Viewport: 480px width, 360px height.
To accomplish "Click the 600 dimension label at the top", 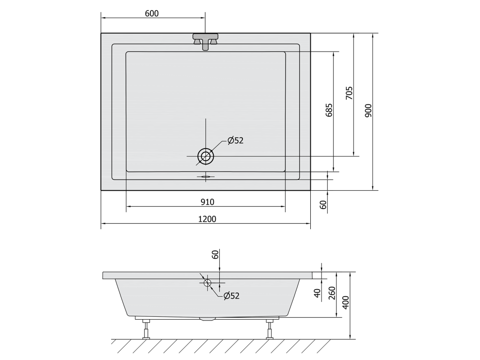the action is click(x=152, y=14).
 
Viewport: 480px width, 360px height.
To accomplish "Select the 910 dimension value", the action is click(x=208, y=202).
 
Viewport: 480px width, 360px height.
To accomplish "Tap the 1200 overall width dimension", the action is click(x=207, y=219).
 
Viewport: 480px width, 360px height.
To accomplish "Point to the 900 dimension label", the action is click(x=368, y=111).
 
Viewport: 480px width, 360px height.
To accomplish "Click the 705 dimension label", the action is click(x=349, y=93).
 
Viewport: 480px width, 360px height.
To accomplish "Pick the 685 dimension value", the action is click(x=329, y=110).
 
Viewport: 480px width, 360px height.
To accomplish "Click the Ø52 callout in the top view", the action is click(x=235, y=141).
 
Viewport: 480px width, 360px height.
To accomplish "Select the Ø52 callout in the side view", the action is click(x=232, y=296).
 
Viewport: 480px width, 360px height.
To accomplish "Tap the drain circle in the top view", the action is click(x=206, y=157).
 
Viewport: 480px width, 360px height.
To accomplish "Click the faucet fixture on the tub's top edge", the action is click(x=206, y=41).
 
